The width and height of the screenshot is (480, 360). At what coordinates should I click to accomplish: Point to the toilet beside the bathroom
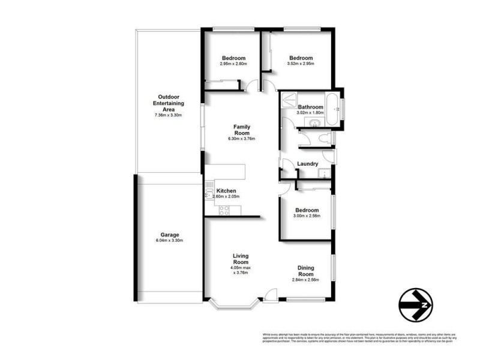point(325,139)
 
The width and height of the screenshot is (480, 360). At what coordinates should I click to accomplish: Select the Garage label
point(169,235)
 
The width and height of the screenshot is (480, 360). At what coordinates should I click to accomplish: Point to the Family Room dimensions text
point(242,139)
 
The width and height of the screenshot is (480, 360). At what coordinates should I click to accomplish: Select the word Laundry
point(308,163)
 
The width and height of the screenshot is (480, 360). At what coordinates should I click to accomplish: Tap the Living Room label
point(241,259)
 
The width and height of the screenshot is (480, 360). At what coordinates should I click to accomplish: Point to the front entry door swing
point(270,294)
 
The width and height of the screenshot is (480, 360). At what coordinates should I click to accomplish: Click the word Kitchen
point(226,191)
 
